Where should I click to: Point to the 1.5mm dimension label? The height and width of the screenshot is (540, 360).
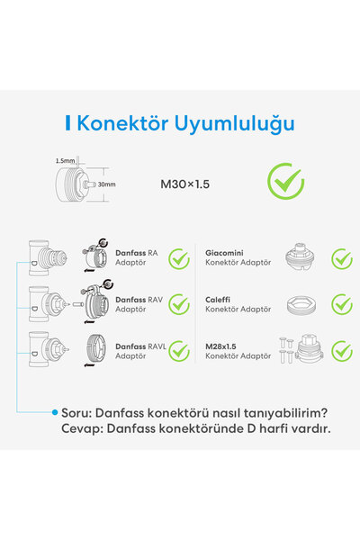(64, 161)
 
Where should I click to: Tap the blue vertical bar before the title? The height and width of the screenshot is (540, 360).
(67, 122)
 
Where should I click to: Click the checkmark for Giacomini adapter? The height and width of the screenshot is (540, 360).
(342, 258)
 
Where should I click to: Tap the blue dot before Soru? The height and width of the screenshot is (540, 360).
(55, 412)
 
